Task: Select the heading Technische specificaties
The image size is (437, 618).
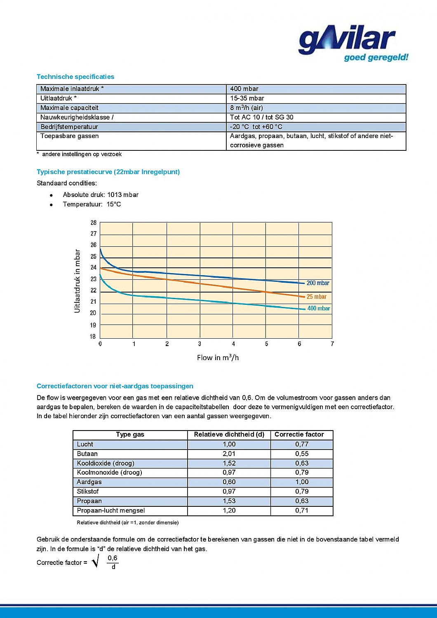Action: (75, 77)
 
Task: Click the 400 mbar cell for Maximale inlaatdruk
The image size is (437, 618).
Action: (244, 89)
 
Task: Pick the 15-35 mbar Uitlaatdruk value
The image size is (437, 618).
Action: (247, 98)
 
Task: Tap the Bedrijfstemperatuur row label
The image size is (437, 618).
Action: (69, 126)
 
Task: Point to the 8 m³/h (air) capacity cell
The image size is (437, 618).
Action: (246, 108)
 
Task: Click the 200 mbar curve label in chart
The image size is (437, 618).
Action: (318, 283)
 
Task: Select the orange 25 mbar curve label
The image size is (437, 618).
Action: (316, 297)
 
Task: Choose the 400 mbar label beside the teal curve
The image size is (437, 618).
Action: (319, 308)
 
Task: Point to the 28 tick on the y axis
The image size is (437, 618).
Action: (94, 222)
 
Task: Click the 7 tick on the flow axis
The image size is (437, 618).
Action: (332, 344)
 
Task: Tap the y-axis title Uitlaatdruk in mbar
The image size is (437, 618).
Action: (77, 281)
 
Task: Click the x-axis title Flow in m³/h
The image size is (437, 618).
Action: (218, 358)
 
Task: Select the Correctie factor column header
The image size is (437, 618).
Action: (299, 434)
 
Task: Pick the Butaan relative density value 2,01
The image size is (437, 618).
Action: (229, 454)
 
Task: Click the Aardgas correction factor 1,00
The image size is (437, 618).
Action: (302, 482)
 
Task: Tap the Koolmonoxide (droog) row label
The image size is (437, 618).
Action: (109, 472)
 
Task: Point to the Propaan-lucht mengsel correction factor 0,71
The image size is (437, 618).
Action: (302, 510)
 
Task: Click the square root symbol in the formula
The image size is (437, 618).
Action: (96, 561)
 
